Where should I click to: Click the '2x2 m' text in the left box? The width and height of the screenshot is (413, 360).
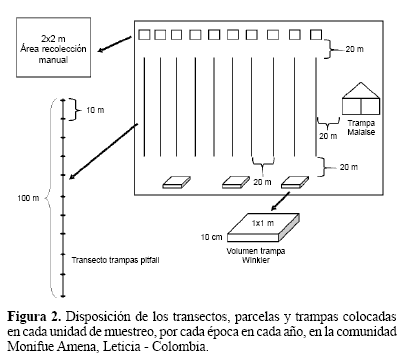tap(53, 39)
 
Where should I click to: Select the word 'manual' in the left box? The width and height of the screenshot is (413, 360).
tap(53, 60)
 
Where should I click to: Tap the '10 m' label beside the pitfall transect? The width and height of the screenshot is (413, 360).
tap(95, 110)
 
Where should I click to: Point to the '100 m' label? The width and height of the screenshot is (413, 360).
tap(28, 198)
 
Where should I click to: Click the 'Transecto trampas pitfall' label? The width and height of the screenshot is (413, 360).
tap(115, 260)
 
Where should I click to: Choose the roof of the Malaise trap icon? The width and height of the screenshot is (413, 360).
tap(361, 90)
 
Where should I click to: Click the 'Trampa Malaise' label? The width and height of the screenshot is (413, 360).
tap(361, 128)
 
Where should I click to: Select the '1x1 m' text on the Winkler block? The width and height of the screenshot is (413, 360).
tap(263, 223)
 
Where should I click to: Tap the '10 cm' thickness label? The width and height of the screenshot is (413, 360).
tap(211, 237)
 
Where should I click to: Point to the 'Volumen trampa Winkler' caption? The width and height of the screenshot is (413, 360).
tap(256, 256)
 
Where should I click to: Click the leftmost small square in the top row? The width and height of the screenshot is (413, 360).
tap(144, 35)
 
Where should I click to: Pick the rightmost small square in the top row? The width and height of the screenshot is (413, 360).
tap(316, 35)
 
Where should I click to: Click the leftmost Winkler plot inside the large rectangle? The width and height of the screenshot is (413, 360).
tap(176, 182)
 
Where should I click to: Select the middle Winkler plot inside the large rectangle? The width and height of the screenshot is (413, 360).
tap(236, 182)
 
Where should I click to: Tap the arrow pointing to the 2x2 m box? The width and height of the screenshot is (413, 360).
tap(115, 44)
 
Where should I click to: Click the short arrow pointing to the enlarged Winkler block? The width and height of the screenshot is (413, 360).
tap(280, 201)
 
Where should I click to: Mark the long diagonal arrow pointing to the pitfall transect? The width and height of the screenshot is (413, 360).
tap(104, 151)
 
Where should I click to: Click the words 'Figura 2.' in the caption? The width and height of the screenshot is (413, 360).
tap(34, 316)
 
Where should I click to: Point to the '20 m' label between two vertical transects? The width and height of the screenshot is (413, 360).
tap(262, 182)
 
